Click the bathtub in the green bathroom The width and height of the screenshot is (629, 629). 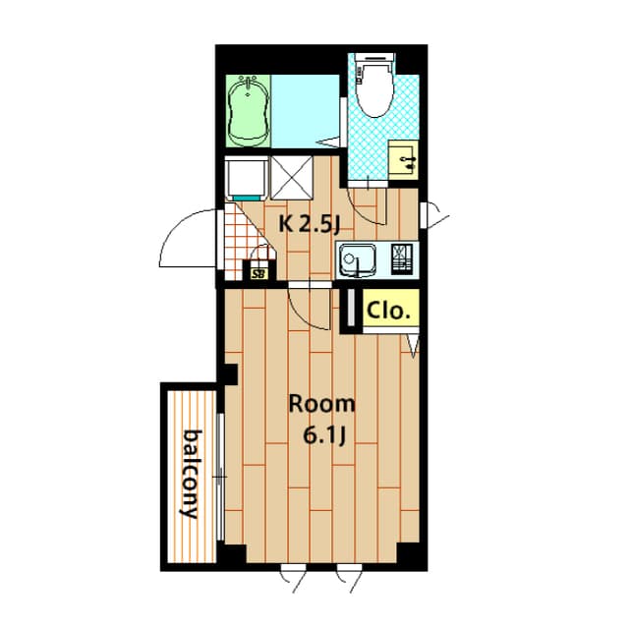(x=248, y=111)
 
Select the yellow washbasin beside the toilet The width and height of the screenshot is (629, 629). (x=403, y=159)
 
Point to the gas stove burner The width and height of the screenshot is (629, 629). (x=402, y=258)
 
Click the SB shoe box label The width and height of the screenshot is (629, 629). (x=259, y=275)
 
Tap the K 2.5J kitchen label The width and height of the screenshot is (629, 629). (x=310, y=225)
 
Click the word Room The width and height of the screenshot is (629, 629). (x=322, y=404)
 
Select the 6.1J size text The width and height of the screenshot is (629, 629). (x=324, y=435)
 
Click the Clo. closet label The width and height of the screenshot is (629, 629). (x=389, y=311)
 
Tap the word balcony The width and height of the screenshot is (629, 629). (x=191, y=474)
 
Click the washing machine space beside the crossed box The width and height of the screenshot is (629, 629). (x=247, y=178)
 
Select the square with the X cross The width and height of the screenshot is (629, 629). (x=292, y=178)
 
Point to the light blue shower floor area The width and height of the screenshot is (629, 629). (x=306, y=111)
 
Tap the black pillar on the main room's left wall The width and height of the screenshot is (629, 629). (x=230, y=373)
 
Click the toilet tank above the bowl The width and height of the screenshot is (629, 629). (x=376, y=59)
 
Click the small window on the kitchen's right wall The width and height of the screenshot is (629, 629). (x=424, y=216)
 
